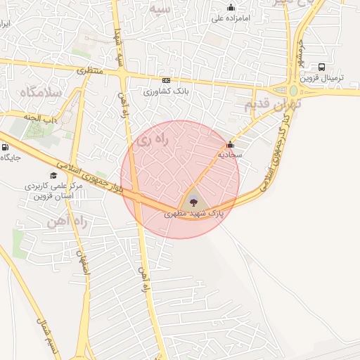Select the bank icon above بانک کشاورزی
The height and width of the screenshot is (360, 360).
(166, 81)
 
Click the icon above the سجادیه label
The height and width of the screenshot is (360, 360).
(230, 145)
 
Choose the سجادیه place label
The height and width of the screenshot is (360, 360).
(230, 153)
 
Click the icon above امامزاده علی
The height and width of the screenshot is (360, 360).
(231, 8)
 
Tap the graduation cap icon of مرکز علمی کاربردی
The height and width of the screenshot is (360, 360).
(53, 176)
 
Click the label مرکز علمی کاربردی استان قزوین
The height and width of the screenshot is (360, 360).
(53, 191)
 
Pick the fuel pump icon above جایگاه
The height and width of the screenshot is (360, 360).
(6, 148)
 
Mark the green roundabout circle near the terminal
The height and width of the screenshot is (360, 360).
(293, 91)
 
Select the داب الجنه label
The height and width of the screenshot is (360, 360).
(41, 118)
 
